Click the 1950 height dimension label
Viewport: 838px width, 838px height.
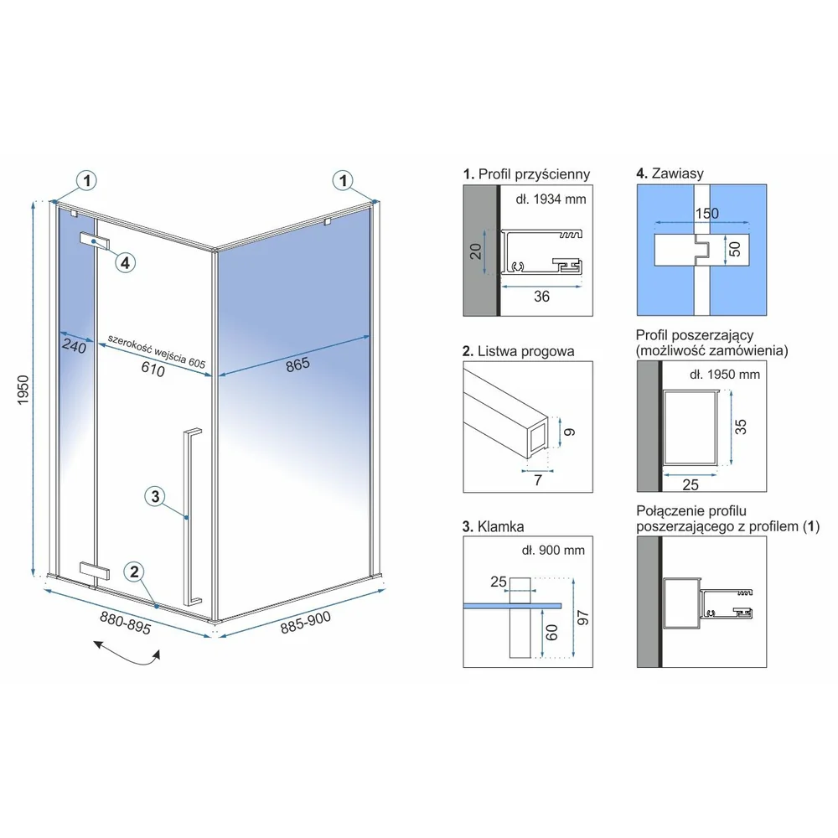point(23,390)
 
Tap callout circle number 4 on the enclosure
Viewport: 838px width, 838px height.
point(125,262)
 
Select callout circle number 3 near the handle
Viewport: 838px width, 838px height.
point(155,496)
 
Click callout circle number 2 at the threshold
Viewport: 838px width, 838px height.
point(134,572)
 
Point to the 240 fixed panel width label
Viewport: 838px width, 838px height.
point(74,346)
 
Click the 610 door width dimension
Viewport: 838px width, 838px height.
point(153,369)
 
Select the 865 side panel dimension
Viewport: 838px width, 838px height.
point(297,365)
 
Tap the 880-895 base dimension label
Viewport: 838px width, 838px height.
point(126,623)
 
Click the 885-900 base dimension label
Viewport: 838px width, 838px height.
point(306,622)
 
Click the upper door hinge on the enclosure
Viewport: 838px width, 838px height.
point(96,241)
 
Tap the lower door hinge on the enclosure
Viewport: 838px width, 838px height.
point(95,571)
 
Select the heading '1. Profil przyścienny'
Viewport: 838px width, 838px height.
point(526,174)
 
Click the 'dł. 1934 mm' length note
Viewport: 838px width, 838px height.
point(551,199)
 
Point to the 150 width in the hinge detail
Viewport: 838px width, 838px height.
point(707,213)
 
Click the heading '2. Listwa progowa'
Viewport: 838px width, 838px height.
point(519,352)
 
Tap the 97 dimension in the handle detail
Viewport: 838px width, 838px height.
point(583,618)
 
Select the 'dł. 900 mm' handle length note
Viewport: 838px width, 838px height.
point(553,551)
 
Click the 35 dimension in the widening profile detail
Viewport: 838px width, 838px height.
point(741,427)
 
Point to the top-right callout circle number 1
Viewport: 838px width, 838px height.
point(343,180)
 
